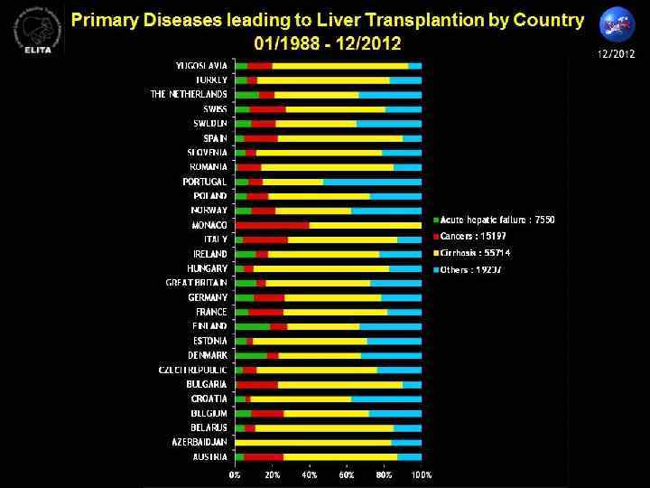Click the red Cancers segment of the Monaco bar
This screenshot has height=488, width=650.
click(272, 225)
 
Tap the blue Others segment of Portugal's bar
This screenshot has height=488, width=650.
click(372, 182)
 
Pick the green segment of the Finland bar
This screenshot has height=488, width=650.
click(252, 326)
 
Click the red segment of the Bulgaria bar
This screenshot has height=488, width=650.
click(257, 384)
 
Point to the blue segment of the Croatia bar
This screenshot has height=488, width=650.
click(386, 399)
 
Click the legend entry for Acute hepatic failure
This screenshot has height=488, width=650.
click(498, 220)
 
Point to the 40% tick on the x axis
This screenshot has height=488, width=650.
click(310, 474)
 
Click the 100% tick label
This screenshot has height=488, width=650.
click(422, 474)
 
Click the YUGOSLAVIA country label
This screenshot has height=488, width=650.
click(200, 66)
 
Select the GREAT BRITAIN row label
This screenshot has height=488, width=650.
click(196, 283)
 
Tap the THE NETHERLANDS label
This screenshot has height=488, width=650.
click(188, 95)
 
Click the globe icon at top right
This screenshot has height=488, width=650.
click(617, 24)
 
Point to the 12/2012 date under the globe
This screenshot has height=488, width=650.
click(617, 55)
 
